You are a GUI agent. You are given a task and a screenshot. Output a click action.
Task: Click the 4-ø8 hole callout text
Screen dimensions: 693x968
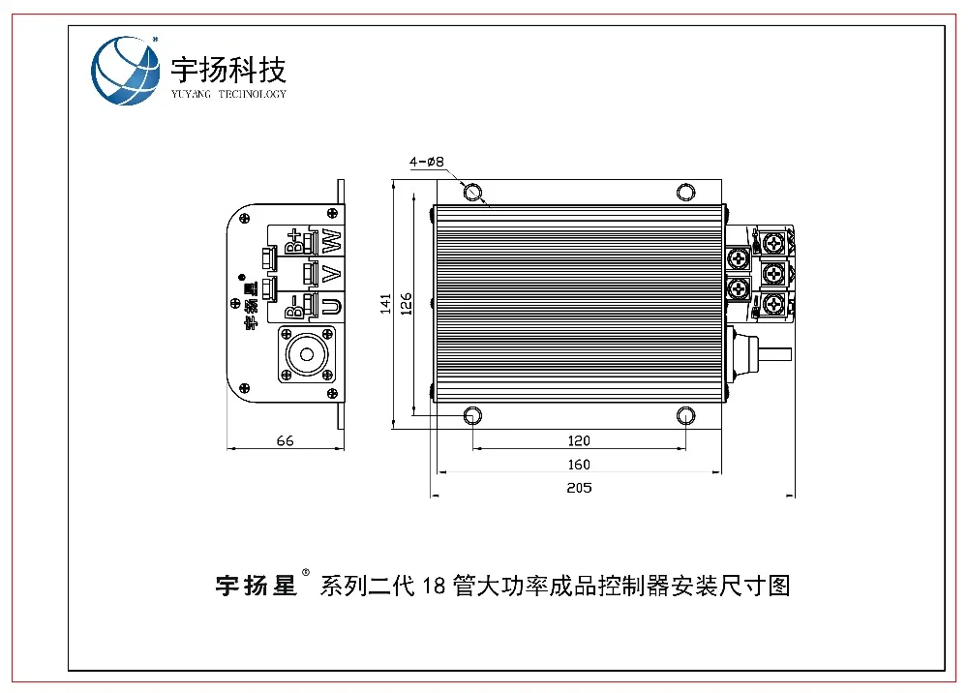pyautogui.click(x=427, y=163)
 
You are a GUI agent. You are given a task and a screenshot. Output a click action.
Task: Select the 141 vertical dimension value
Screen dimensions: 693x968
pyautogui.click(x=385, y=305)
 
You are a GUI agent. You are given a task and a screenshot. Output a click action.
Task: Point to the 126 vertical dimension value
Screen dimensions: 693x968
pyautogui.click(x=408, y=305)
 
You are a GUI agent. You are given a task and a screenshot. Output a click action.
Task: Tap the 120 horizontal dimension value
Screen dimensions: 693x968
pyautogui.click(x=579, y=440)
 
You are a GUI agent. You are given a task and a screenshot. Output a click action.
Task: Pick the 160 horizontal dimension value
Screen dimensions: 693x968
pyautogui.click(x=579, y=465)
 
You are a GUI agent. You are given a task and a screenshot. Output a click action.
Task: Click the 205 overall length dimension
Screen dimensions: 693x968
pyautogui.click(x=579, y=488)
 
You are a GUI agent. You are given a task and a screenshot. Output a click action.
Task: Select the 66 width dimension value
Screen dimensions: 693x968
pyautogui.click(x=285, y=440)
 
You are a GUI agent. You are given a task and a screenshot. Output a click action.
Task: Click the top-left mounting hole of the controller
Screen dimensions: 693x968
pyautogui.click(x=472, y=192)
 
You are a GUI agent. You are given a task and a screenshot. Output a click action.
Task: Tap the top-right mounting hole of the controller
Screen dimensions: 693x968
pyautogui.click(x=685, y=192)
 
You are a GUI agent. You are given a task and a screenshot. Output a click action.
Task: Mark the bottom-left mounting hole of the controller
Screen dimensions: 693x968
pyautogui.click(x=472, y=416)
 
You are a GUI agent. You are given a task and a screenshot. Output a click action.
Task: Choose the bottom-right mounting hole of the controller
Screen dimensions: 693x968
pyautogui.click(x=685, y=416)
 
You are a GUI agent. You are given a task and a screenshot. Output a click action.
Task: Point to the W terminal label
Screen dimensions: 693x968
pyautogui.click(x=332, y=240)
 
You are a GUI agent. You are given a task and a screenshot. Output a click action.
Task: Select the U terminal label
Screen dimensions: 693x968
pyautogui.click(x=332, y=307)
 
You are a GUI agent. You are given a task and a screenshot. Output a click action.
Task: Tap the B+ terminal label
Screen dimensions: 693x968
pyautogui.click(x=294, y=240)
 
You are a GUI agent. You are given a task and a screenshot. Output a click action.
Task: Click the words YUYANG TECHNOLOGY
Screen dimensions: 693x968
pyautogui.click(x=228, y=94)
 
